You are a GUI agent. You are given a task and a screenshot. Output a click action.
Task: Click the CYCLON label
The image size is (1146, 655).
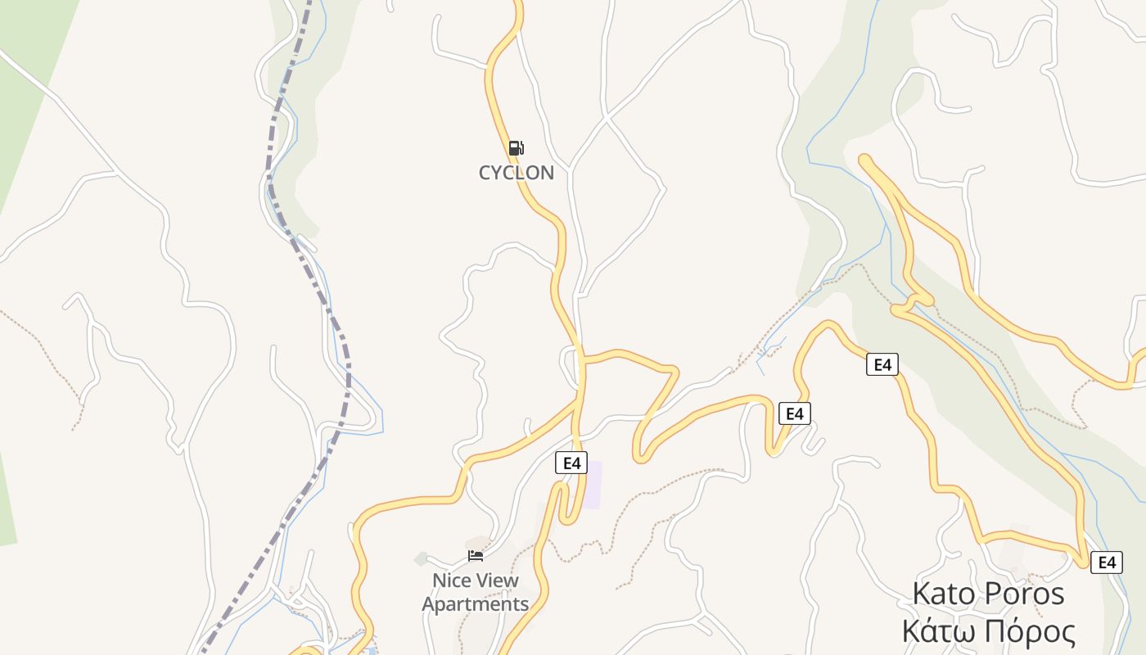coord(516,173)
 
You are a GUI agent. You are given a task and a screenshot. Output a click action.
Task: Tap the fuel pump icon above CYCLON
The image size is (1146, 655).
coord(516,148)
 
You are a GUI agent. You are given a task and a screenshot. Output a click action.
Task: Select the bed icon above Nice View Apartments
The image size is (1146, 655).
coord(476,556)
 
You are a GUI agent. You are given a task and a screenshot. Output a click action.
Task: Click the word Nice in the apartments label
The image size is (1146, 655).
coord(450,580)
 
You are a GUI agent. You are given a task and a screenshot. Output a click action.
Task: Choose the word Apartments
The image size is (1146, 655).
coord(475,604)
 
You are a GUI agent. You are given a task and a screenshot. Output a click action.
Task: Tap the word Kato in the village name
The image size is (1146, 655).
coord(942,594)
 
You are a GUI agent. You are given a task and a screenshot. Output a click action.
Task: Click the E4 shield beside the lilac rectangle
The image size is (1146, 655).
coord(571,463)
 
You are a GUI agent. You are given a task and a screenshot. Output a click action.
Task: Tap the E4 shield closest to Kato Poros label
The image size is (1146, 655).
coord(1106,562)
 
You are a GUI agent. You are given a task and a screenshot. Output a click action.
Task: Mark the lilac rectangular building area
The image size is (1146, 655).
coord(593,485)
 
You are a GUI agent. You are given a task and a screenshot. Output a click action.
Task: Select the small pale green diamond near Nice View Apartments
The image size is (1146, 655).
coord(421,559)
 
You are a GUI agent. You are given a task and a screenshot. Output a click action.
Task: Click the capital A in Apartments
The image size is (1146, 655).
coord(429,604)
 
